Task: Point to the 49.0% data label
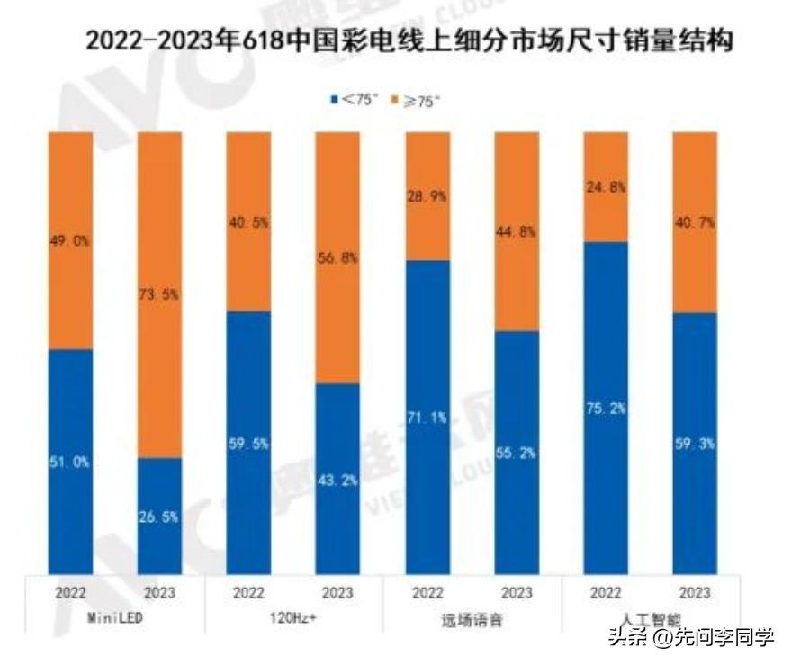pos(70,241)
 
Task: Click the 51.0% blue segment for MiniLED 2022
pos(70,461)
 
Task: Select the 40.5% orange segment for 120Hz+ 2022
pos(248,221)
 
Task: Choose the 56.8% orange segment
pos(337,257)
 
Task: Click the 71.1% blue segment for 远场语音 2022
pos(427,417)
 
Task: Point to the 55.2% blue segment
pos(516,452)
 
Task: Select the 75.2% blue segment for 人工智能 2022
pos(606,407)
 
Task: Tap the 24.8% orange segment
pos(606,187)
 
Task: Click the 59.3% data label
pos(695,443)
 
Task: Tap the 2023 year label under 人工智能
pos(695,593)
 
